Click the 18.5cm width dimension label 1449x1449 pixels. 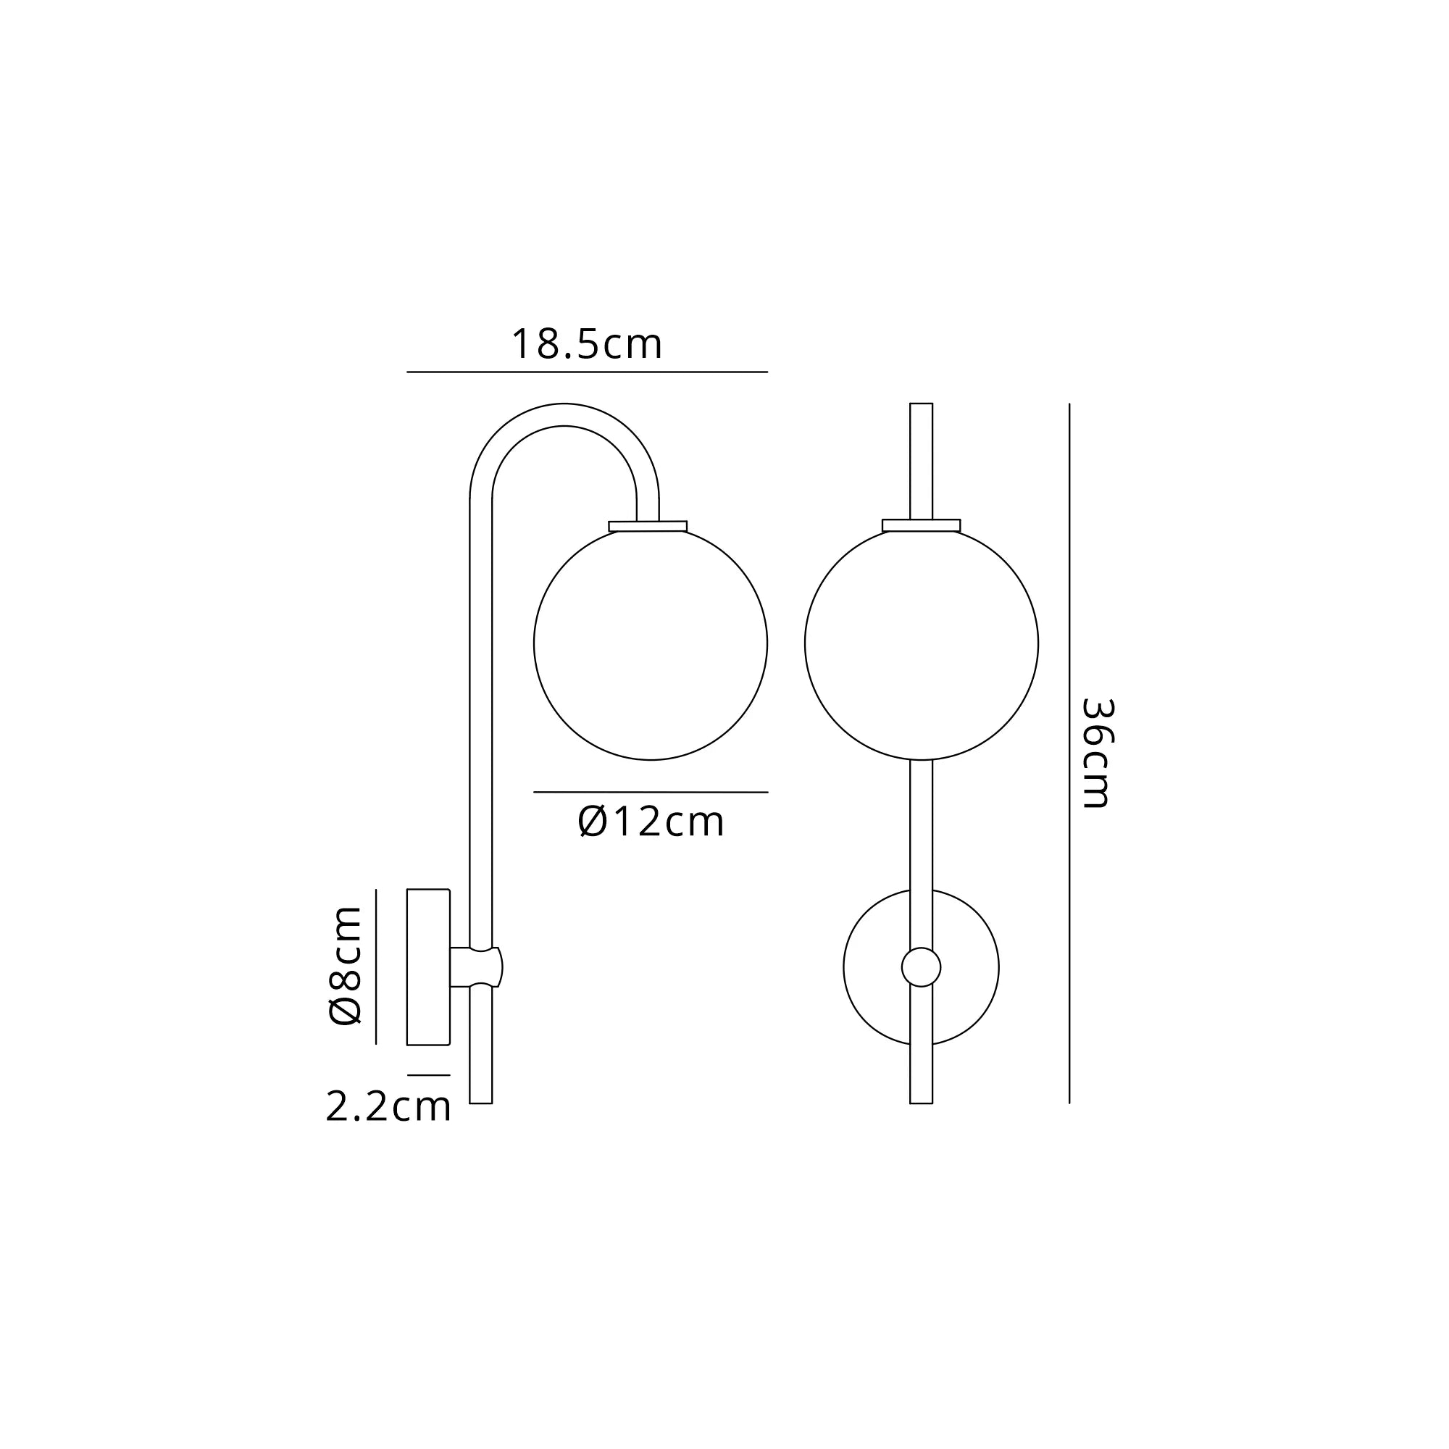(x=587, y=344)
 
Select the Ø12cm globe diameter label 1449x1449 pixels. (x=651, y=822)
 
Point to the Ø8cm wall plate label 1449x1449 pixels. (x=346, y=966)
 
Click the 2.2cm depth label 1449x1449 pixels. (x=388, y=1107)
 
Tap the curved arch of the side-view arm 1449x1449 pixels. (x=564, y=414)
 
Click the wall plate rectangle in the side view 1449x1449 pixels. (x=427, y=966)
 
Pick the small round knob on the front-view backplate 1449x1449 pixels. (x=921, y=966)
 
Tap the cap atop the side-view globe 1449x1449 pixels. (x=648, y=526)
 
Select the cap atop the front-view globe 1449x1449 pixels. (x=921, y=525)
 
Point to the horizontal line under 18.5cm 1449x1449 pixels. (x=587, y=372)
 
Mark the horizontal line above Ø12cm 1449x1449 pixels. (x=651, y=792)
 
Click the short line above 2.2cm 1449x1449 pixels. (x=428, y=1075)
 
